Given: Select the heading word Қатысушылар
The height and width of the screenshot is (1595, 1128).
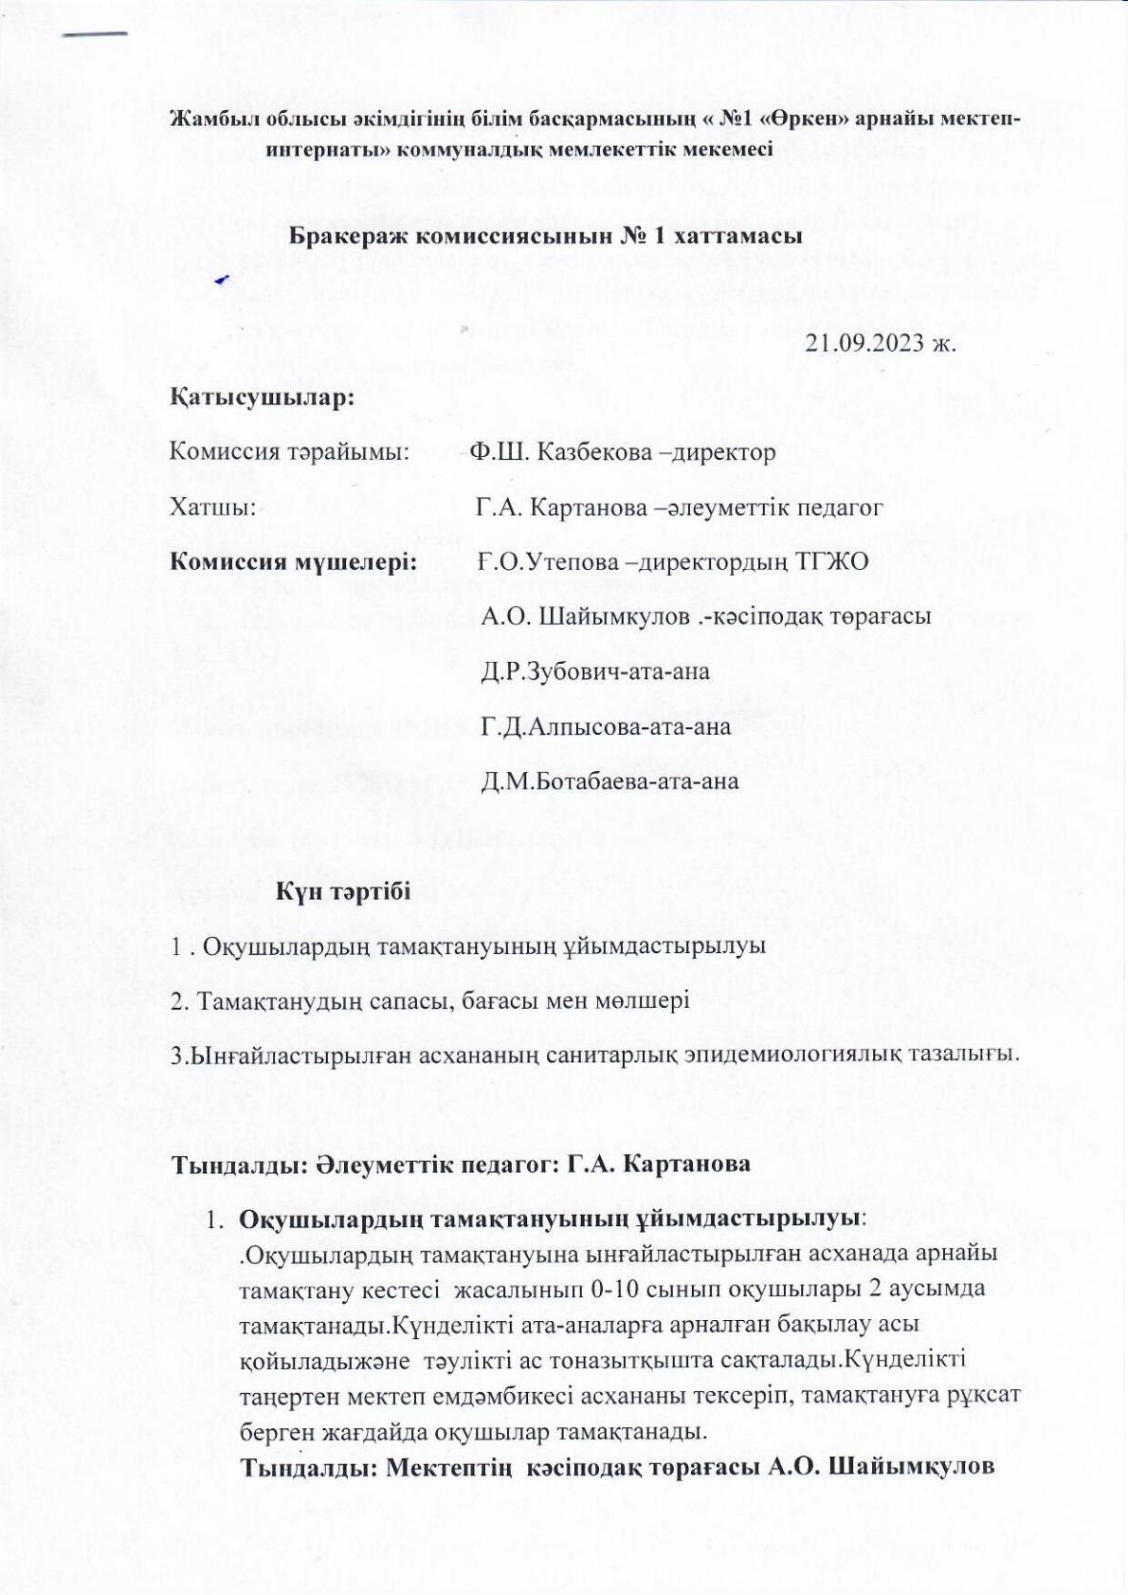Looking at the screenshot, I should pyautogui.click(x=262, y=397).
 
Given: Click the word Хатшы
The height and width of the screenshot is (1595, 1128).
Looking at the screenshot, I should pyautogui.click(x=213, y=507).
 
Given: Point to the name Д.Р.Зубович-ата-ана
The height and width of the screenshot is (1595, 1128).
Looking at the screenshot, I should pyautogui.click(x=595, y=672).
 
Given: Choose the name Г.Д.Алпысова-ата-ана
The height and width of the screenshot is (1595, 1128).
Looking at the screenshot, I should pyautogui.click(x=606, y=727).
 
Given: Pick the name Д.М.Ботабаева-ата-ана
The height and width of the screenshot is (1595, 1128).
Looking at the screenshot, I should pyautogui.click(x=609, y=782).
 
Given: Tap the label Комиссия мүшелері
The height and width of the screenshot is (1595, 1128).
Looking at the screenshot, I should pyautogui.click(x=294, y=561).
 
